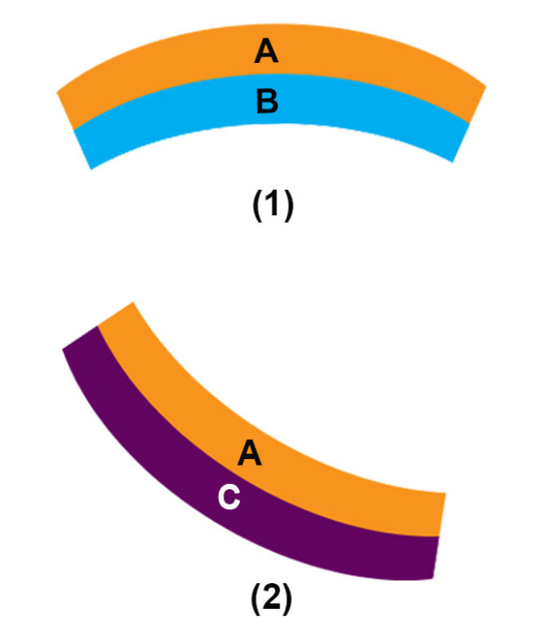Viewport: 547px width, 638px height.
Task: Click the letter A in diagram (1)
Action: [265, 53]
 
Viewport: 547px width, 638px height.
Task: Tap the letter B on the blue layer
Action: [266, 102]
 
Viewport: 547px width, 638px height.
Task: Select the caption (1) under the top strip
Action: [272, 206]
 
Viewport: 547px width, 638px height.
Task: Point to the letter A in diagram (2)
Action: [250, 453]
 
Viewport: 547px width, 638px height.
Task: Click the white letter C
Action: [230, 498]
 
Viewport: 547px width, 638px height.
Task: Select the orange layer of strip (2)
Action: [346, 484]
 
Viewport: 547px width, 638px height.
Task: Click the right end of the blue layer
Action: [460, 141]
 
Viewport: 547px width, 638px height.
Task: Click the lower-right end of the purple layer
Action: [434, 557]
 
